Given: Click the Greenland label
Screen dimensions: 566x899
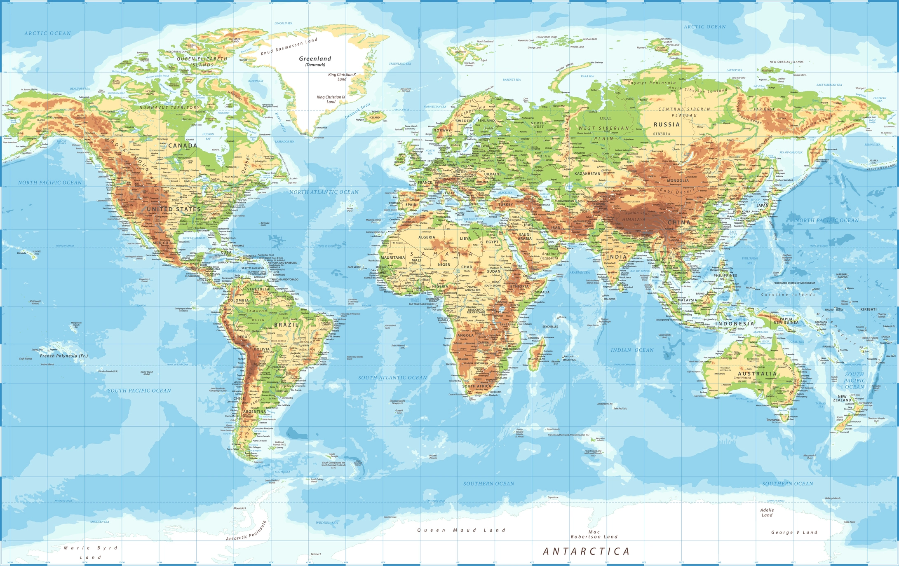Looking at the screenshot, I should pos(315,59).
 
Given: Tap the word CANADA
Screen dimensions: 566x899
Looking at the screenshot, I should pos(183,145).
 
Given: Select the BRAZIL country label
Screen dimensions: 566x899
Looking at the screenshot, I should pos(286,325).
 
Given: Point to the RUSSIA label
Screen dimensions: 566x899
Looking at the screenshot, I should pos(667,124).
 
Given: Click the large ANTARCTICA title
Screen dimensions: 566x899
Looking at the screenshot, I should pos(586,552).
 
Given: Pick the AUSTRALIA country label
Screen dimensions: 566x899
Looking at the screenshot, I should pos(757,374).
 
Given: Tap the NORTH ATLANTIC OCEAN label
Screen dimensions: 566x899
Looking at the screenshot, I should pos(324,192).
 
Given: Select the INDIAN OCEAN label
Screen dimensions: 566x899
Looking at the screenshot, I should pos(632,350).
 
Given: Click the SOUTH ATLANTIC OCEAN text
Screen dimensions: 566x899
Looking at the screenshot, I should pos(392,377).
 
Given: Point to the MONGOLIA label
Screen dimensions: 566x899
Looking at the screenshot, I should pos(678,180).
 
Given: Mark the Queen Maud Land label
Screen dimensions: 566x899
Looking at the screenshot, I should pos(461,530).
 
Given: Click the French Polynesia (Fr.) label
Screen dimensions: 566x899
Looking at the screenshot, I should pos(64,356).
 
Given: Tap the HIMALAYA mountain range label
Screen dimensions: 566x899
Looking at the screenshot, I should pos(634,220).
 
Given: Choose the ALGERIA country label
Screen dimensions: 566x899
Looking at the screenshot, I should pos(427,237).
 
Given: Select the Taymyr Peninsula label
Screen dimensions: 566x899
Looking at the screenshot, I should pos(652,83).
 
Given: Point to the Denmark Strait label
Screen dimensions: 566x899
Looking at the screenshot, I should pos(357,111).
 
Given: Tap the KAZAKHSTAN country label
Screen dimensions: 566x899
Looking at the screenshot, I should pos(587,173).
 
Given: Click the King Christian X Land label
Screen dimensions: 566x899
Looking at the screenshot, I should pos(342,77).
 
